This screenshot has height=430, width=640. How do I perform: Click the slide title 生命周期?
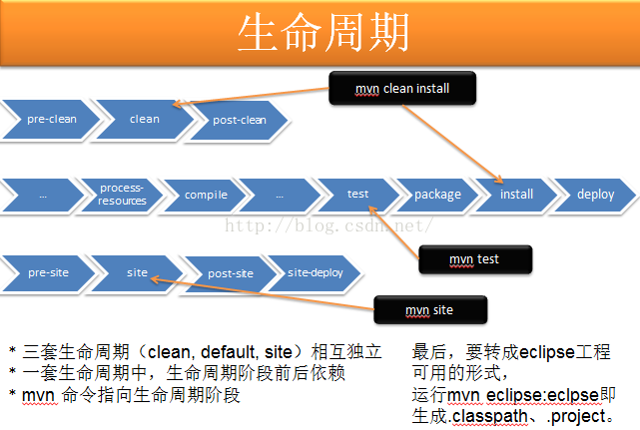click(322, 34)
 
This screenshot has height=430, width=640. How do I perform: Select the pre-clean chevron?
click(50, 119)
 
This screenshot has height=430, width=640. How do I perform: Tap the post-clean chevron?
click(241, 120)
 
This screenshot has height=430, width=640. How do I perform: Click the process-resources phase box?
click(122, 195)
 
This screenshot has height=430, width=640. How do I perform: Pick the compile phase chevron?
click(206, 195)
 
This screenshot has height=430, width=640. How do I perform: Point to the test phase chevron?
click(357, 195)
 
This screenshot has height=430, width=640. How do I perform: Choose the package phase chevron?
click(437, 195)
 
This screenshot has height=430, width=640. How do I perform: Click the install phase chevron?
click(516, 195)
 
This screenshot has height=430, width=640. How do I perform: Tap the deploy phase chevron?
click(595, 195)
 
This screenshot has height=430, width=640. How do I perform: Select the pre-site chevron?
click(48, 272)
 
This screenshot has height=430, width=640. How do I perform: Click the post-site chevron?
click(231, 272)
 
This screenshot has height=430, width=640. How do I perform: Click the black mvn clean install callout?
click(402, 89)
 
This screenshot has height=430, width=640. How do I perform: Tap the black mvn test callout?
click(474, 259)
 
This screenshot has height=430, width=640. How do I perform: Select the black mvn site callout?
click(429, 310)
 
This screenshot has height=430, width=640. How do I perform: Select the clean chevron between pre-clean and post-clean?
click(145, 119)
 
